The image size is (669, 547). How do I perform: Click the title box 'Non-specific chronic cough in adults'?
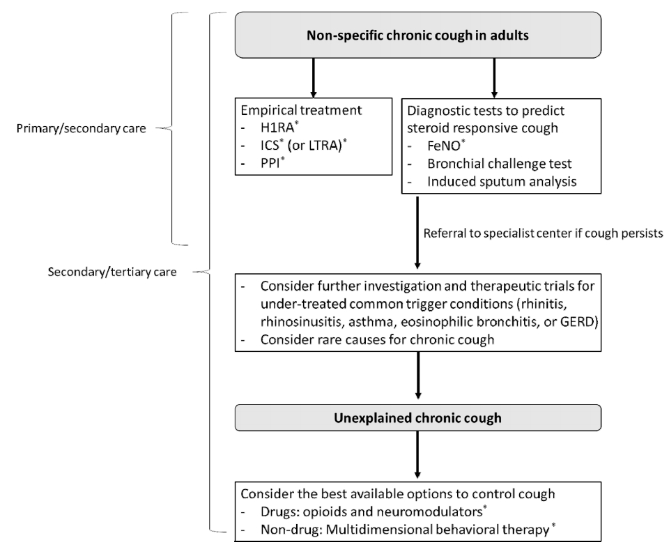pyautogui.click(x=417, y=35)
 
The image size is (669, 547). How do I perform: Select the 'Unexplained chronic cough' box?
pyautogui.click(x=417, y=417)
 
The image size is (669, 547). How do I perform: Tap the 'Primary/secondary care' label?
pyautogui.click(x=81, y=128)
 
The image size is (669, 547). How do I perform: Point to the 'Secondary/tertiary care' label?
pyautogui.click(x=111, y=272)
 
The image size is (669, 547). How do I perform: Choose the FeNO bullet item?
pyautogui.click(x=446, y=146)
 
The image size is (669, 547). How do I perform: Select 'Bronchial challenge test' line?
pyautogui.click(x=499, y=164)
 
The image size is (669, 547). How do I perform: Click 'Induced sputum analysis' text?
pyautogui.click(x=502, y=181)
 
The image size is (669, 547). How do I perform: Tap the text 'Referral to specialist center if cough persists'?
pyautogui.click(x=543, y=233)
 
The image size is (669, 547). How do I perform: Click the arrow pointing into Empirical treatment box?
pyautogui.click(x=313, y=77)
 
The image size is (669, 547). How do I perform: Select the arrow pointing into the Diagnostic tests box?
pyautogui.click(x=494, y=77)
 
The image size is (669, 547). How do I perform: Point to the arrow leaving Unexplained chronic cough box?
pyautogui.click(x=417, y=455)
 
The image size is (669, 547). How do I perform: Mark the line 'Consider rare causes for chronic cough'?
pyautogui.click(x=377, y=339)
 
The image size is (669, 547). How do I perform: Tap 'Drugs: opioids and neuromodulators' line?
pyautogui.click(x=374, y=511)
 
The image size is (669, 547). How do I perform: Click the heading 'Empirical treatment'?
pyautogui.click(x=301, y=110)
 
